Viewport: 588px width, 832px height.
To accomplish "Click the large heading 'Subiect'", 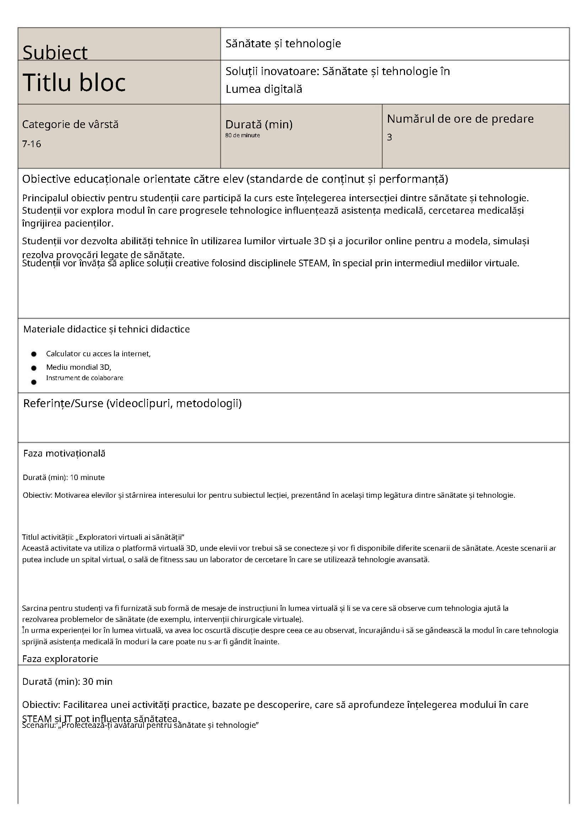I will (x=55, y=53).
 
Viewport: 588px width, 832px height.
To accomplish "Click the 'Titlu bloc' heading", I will (x=74, y=82).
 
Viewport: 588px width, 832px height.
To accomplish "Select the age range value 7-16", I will (x=32, y=144).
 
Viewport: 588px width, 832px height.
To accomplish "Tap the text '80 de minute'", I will (x=242, y=135).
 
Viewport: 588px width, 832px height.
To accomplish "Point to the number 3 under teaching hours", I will (x=389, y=137).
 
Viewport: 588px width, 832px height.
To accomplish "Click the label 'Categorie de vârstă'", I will (x=70, y=124).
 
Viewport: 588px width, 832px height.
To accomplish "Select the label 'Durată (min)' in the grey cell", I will (x=259, y=124).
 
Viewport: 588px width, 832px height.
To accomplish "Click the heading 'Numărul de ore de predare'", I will (x=460, y=118).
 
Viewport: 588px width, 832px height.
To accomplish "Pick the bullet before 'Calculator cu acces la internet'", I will (x=34, y=354).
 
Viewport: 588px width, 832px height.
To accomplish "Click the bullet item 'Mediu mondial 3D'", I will (x=79, y=367).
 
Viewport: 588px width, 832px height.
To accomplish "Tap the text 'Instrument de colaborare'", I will (x=84, y=378).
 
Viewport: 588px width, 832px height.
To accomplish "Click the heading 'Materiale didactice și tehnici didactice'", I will (x=107, y=329).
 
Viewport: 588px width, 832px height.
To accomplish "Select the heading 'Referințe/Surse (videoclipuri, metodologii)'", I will (x=132, y=403).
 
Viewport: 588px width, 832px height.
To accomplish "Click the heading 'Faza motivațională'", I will (x=64, y=453).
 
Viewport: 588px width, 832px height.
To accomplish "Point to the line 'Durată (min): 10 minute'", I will (x=64, y=477).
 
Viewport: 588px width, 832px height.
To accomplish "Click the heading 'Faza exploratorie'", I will (x=60, y=658).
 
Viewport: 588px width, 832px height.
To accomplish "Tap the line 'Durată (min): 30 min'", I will (x=68, y=681).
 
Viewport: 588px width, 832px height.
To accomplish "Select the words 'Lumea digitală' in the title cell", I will (x=264, y=89).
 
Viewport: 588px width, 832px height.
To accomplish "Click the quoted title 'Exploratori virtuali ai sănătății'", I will (x=128, y=537).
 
